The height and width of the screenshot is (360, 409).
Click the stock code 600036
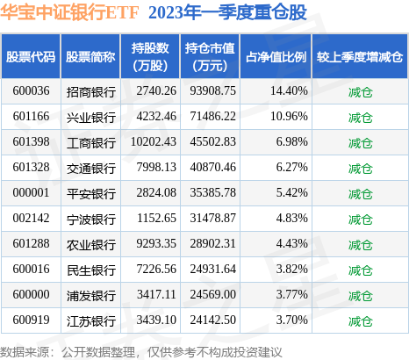click(x=32, y=90)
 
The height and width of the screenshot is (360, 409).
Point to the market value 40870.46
click(x=211, y=166)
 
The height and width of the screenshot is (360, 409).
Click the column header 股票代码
click(x=32, y=57)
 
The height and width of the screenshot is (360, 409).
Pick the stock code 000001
click(x=32, y=191)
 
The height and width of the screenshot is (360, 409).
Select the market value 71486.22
click(x=211, y=116)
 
